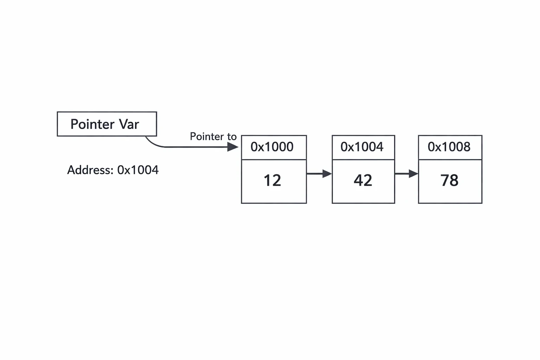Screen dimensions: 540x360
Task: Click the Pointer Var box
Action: point(107,124)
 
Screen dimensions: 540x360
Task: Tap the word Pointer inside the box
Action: point(92,124)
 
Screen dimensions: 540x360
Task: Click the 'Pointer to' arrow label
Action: point(213,136)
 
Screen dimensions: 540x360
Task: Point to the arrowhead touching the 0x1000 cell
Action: point(233,147)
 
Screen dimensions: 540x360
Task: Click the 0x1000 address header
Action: point(272,147)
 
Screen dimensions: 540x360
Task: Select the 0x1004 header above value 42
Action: point(362,147)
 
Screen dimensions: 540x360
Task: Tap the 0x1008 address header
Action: point(449,147)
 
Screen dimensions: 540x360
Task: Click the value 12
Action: point(272,180)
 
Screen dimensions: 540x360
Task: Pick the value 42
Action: point(363,180)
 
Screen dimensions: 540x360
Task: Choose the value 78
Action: point(449,180)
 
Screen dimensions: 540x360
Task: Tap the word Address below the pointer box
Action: point(90,170)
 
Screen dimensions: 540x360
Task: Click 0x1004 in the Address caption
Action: point(138,170)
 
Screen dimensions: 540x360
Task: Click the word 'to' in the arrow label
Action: point(232,137)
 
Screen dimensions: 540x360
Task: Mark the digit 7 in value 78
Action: point(445,180)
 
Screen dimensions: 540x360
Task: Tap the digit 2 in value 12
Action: point(277,180)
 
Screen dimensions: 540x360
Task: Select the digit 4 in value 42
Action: point(358,180)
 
